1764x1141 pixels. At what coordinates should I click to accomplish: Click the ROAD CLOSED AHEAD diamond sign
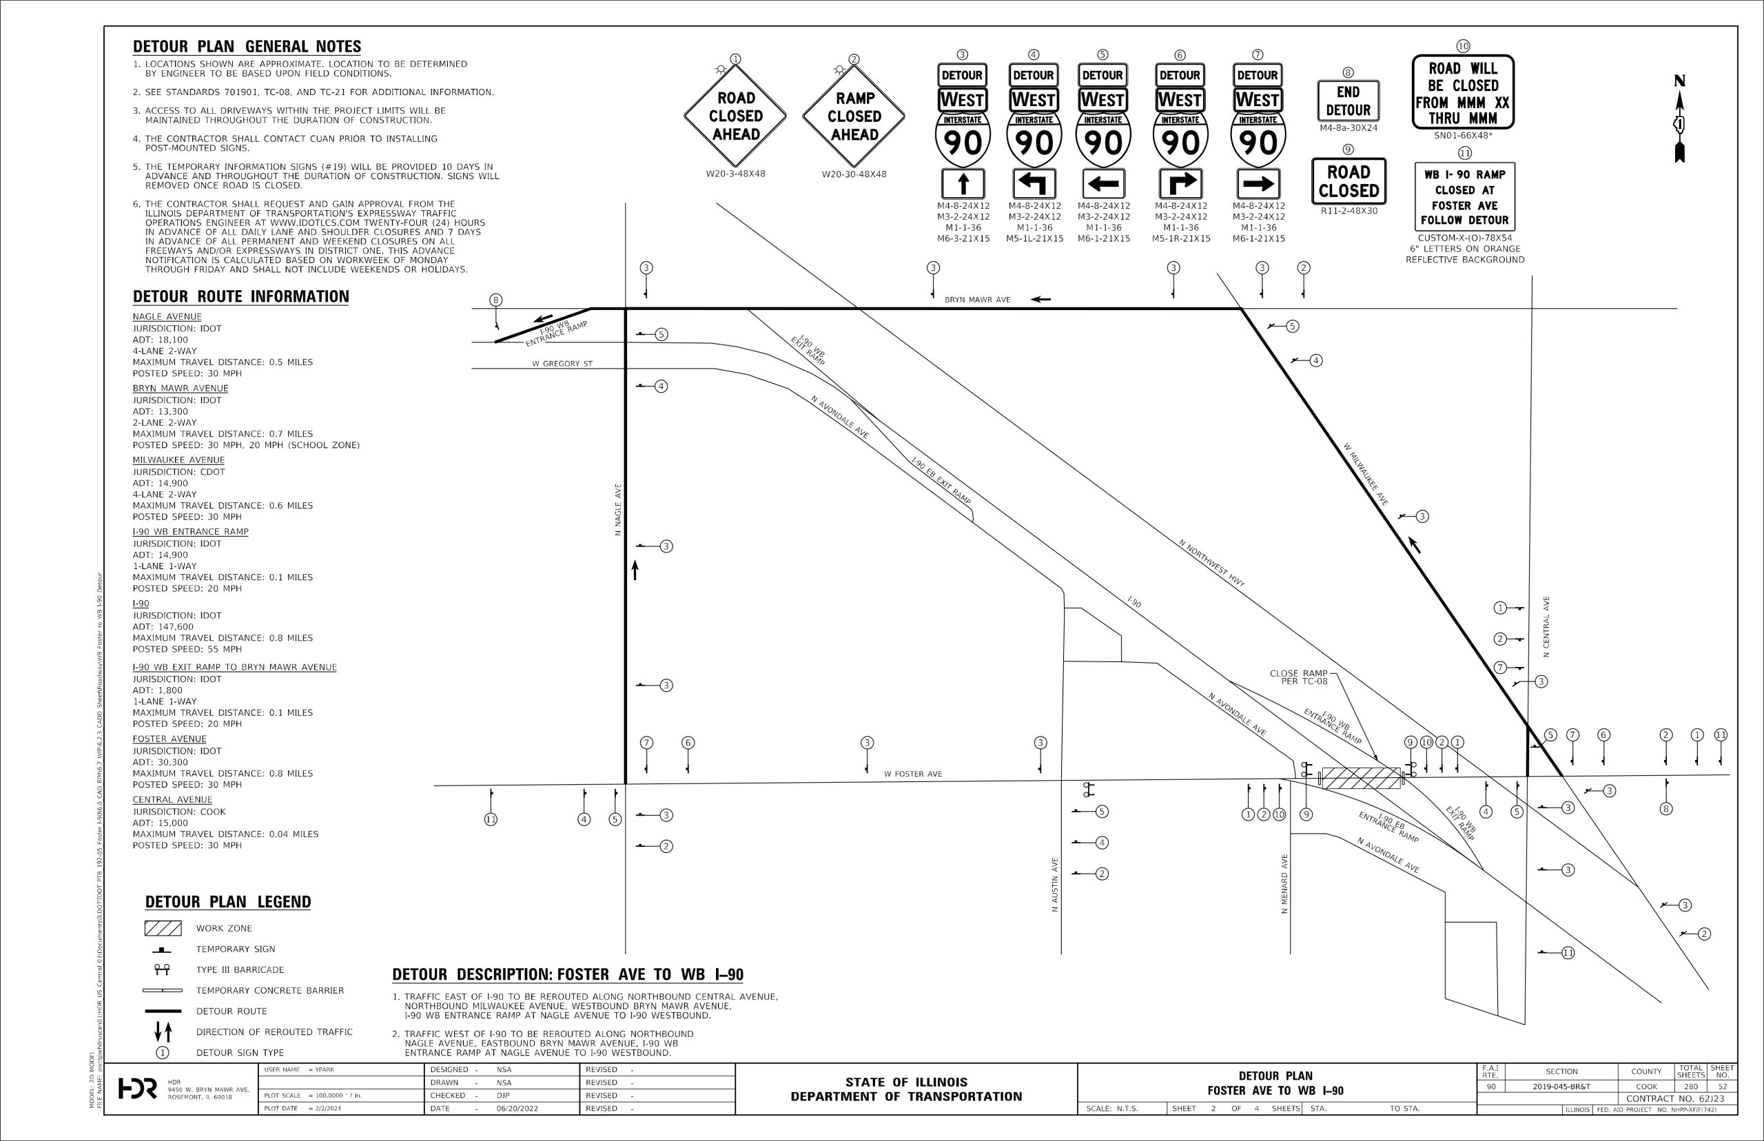[x=735, y=116]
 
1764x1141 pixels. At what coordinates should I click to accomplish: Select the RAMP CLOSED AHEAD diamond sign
[x=854, y=116]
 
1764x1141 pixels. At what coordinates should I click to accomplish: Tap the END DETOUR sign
[x=1348, y=101]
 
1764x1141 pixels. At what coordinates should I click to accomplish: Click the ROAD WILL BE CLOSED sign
[x=1462, y=92]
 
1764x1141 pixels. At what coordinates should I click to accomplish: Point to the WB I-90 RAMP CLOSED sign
[x=1464, y=197]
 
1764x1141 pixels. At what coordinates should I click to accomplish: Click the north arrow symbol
[x=1679, y=119]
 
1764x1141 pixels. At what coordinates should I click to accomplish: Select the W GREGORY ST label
[x=562, y=364]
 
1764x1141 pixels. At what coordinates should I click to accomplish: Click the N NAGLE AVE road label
[x=618, y=510]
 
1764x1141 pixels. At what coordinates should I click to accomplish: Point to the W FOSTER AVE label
[x=913, y=774]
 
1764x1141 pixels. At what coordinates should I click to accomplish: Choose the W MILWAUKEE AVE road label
[x=1366, y=474]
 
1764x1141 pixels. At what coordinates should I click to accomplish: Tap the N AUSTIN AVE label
[x=1055, y=885]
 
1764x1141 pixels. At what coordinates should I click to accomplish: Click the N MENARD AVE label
[x=1284, y=884]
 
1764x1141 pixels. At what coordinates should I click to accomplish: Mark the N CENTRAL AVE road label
[x=1546, y=627]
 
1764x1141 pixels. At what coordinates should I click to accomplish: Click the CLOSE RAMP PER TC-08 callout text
[x=1299, y=677]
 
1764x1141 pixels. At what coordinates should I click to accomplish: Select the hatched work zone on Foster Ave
[x=1361, y=778]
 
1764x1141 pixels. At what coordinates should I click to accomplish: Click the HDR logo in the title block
[x=138, y=1089]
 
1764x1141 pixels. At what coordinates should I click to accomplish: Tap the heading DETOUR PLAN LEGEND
[x=227, y=902]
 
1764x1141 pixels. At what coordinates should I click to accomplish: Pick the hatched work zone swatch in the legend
[x=163, y=928]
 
